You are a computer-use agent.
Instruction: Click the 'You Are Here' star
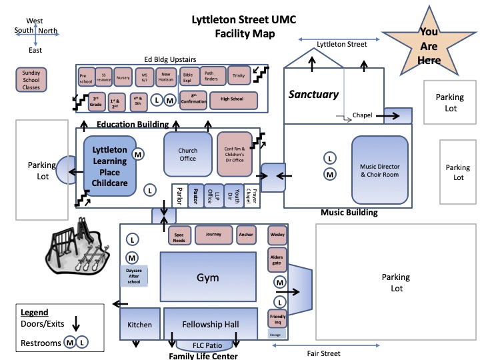(x=429, y=45)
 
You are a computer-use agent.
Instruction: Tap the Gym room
(x=207, y=277)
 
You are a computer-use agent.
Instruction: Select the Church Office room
(x=188, y=155)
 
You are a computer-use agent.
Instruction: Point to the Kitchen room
(x=140, y=325)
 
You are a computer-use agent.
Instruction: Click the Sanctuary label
(x=313, y=95)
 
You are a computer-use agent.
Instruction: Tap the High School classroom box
(x=227, y=101)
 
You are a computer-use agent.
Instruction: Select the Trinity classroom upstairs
(x=238, y=77)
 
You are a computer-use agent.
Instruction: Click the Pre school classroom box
(x=85, y=77)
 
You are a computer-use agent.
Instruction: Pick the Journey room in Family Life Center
(x=213, y=235)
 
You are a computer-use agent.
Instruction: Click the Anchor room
(x=246, y=235)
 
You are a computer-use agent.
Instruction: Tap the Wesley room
(x=277, y=235)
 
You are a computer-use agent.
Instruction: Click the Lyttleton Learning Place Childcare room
(x=109, y=167)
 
